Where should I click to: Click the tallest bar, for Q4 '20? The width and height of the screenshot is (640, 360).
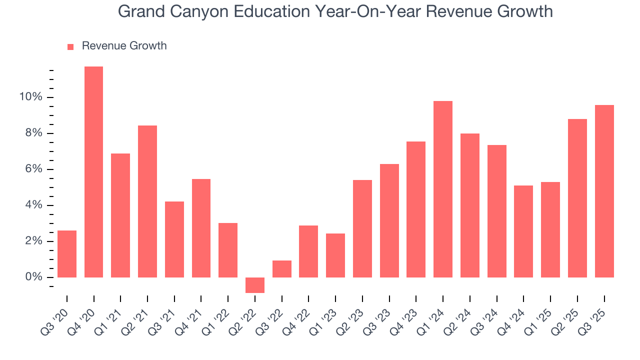pyautogui.click(x=93, y=172)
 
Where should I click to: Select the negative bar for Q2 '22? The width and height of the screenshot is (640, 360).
pyautogui.click(x=254, y=285)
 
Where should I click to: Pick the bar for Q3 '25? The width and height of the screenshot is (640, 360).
pyautogui.click(x=604, y=191)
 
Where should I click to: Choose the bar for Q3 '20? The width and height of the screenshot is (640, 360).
pyautogui.click(x=67, y=254)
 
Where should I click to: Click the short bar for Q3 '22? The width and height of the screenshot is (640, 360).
pyautogui.click(x=281, y=269)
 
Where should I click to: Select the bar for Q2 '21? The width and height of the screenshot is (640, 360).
pyautogui.click(x=147, y=201)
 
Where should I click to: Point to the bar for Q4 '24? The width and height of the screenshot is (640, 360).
pyautogui.click(x=523, y=231)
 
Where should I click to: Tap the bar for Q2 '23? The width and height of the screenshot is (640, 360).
pyautogui.click(x=362, y=228)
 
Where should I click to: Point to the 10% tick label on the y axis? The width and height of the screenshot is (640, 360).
pyautogui.click(x=30, y=97)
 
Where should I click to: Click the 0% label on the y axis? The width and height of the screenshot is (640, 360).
pyautogui.click(x=33, y=277)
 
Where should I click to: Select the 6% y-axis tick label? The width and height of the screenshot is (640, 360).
pyautogui.click(x=33, y=169)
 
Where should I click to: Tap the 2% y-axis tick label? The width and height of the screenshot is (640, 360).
pyautogui.click(x=33, y=241)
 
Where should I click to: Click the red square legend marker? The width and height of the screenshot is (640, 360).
pyautogui.click(x=70, y=46)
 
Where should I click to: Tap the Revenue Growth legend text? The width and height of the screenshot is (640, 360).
pyautogui.click(x=124, y=46)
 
